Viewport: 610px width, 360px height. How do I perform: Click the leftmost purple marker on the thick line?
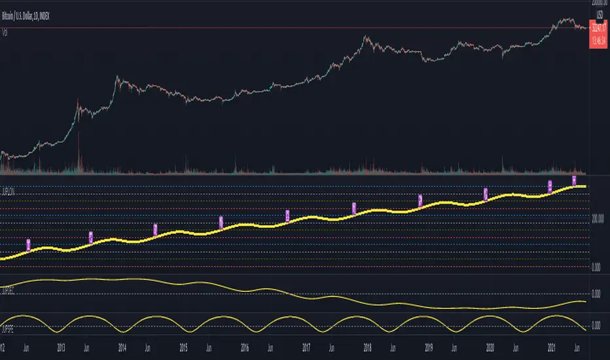pos(29,245)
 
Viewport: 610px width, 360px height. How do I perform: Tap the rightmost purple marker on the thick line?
pos(574,180)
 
